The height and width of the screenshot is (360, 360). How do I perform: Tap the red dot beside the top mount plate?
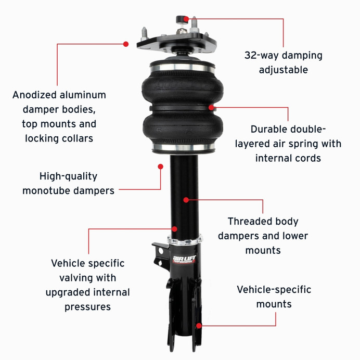click(x=126, y=44)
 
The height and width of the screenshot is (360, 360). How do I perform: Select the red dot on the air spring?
click(x=211, y=108)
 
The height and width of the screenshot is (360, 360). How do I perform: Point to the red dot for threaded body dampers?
click(x=186, y=199)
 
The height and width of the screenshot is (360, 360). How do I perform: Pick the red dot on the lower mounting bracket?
click(x=198, y=326)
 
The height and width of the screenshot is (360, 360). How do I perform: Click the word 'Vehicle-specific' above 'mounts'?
click(x=274, y=289)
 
